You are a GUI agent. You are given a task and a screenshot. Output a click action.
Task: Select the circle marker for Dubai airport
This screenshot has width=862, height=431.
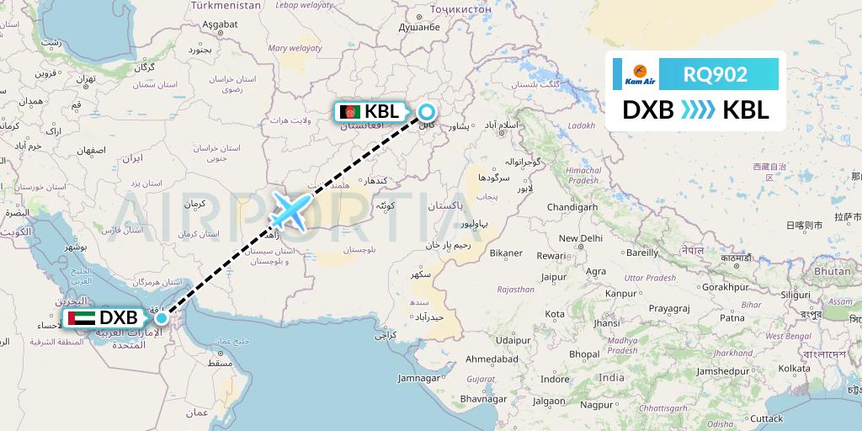[x=161, y=318]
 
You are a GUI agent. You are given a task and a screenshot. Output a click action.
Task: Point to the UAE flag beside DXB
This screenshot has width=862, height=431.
[x=83, y=319]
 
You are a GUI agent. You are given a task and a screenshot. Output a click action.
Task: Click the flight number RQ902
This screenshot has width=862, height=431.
[x=716, y=74]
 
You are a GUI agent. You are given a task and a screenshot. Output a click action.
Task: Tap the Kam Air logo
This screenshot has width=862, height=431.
[x=636, y=74]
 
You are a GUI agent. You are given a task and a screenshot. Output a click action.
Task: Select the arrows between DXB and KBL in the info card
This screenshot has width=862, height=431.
[x=698, y=109]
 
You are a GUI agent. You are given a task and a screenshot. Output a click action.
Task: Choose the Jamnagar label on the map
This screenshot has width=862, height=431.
[x=424, y=378]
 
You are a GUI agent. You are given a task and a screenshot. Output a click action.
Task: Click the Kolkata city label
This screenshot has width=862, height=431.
[x=794, y=368]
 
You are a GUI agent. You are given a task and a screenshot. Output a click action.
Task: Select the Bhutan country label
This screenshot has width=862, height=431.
[x=833, y=271]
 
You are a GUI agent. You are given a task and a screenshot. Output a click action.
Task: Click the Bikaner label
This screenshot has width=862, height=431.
[x=507, y=253]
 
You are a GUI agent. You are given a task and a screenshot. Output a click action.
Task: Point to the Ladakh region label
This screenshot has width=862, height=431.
[x=581, y=125]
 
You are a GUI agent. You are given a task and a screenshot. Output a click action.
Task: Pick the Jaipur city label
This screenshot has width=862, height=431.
[x=553, y=275]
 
